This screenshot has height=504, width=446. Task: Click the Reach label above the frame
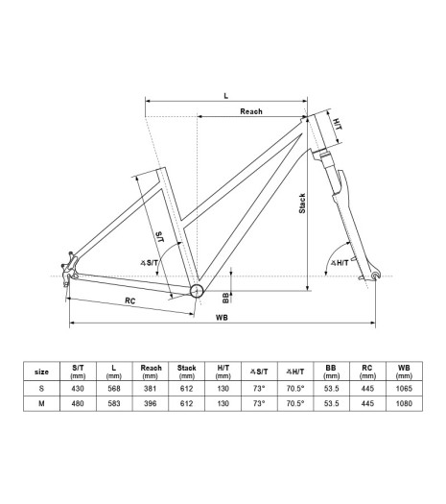(x=251, y=111)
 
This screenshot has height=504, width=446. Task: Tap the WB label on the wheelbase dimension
(x=222, y=318)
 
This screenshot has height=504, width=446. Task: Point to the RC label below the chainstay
(x=130, y=300)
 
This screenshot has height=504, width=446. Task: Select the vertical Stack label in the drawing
(x=302, y=204)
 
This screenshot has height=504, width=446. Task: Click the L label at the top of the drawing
(x=226, y=96)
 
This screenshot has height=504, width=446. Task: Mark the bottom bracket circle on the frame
(x=197, y=291)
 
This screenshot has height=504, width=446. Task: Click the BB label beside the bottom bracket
(x=225, y=298)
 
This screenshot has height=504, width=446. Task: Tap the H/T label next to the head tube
(x=337, y=124)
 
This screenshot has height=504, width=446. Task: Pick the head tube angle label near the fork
(x=340, y=263)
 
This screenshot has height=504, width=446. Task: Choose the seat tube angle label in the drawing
(x=150, y=263)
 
